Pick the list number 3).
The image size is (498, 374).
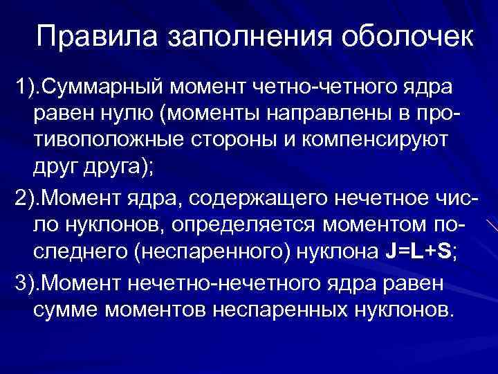point(26,283)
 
